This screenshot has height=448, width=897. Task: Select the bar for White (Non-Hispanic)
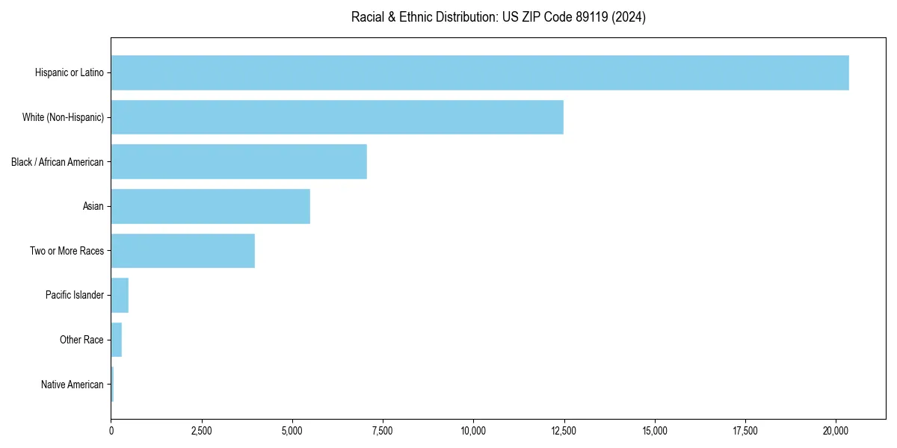tap(337, 117)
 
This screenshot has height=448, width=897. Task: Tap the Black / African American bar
tap(239, 161)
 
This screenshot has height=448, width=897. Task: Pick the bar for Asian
tap(211, 206)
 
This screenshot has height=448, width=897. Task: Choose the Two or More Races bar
tap(183, 251)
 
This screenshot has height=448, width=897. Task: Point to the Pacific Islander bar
tap(120, 295)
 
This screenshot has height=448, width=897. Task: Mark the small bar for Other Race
tap(117, 340)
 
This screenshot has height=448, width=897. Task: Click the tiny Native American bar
tap(112, 385)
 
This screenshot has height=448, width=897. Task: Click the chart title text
tap(499, 17)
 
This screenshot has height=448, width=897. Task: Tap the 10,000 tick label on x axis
tap(473, 431)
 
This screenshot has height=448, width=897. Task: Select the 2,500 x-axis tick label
tap(202, 431)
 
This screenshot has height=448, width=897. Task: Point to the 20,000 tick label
tap(836, 431)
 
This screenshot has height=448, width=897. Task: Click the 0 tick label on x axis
tap(111, 431)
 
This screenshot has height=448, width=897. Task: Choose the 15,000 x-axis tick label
tap(655, 431)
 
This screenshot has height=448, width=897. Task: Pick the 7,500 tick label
tap(383, 431)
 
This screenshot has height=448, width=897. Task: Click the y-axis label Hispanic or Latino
tap(70, 72)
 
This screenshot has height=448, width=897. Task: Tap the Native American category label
tap(73, 385)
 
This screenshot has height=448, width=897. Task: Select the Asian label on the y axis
tap(93, 206)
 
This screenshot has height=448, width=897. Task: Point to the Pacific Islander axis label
tap(75, 295)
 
